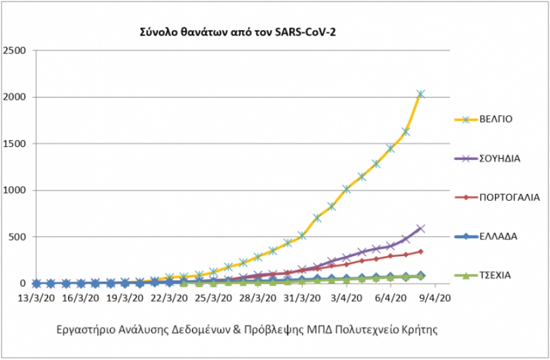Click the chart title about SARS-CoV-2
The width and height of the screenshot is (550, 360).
point(237,31)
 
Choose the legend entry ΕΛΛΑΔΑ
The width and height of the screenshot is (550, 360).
point(498,236)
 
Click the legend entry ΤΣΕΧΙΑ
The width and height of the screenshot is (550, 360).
point(496,275)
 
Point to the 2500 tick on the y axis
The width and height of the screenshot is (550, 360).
point(16,51)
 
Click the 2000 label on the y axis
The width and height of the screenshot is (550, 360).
point(16,97)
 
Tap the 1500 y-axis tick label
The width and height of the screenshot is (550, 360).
point(16,144)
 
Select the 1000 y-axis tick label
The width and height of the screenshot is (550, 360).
point(16,191)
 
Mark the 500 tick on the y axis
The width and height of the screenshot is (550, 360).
point(19,237)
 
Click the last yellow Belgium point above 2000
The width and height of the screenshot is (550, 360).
point(421,94)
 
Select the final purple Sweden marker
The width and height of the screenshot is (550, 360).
point(421,229)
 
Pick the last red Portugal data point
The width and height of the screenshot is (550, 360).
point(421,251)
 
